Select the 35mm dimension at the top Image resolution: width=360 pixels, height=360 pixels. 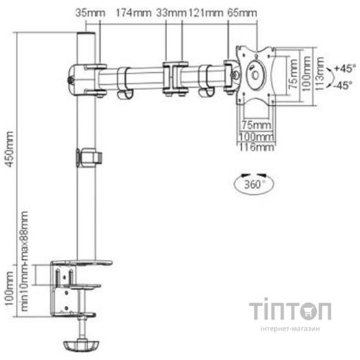point(84,12)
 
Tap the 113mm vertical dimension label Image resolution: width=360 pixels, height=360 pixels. point(319,76)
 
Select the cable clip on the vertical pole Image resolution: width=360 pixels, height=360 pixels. point(89,156)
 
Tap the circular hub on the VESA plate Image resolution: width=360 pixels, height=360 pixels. point(255,73)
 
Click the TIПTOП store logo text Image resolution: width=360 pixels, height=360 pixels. point(291,312)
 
